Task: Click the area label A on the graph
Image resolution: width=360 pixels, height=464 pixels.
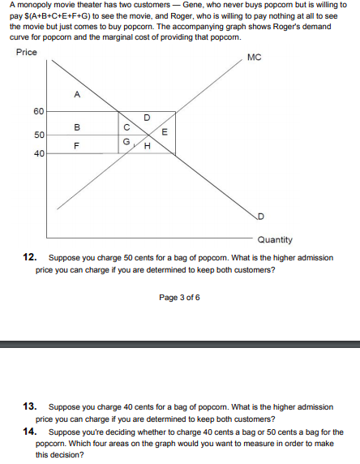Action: click(x=77, y=95)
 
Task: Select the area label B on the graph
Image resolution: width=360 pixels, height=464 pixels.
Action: click(x=77, y=127)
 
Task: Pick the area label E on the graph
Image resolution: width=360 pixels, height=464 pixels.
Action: click(x=165, y=132)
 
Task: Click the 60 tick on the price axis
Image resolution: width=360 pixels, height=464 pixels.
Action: click(x=38, y=111)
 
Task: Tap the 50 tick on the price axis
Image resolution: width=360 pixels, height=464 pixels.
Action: click(x=38, y=133)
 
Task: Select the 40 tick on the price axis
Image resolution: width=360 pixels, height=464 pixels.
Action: click(x=38, y=152)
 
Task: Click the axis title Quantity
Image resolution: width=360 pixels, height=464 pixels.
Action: click(x=275, y=239)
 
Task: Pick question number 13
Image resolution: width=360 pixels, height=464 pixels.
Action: click(x=29, y=406)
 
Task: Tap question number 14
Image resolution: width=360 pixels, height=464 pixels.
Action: click(x=29, y=432)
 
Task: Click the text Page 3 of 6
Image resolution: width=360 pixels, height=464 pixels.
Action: click(x=179, y=299)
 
